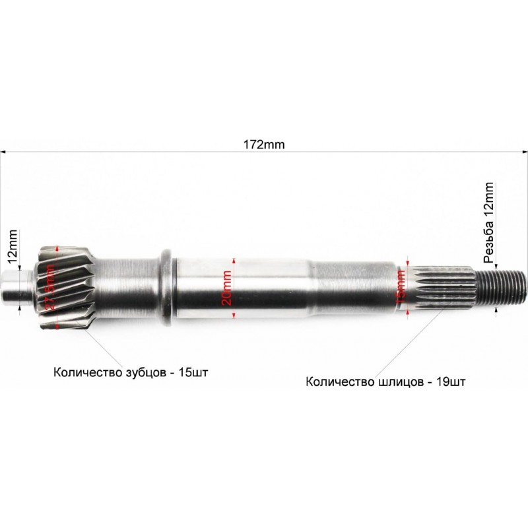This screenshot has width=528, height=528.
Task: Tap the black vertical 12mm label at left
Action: (x=11, y=245)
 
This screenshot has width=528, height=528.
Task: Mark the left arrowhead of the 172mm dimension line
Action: (x=3, y=152)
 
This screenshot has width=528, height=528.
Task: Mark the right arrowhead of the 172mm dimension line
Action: (x=525, y=152)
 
